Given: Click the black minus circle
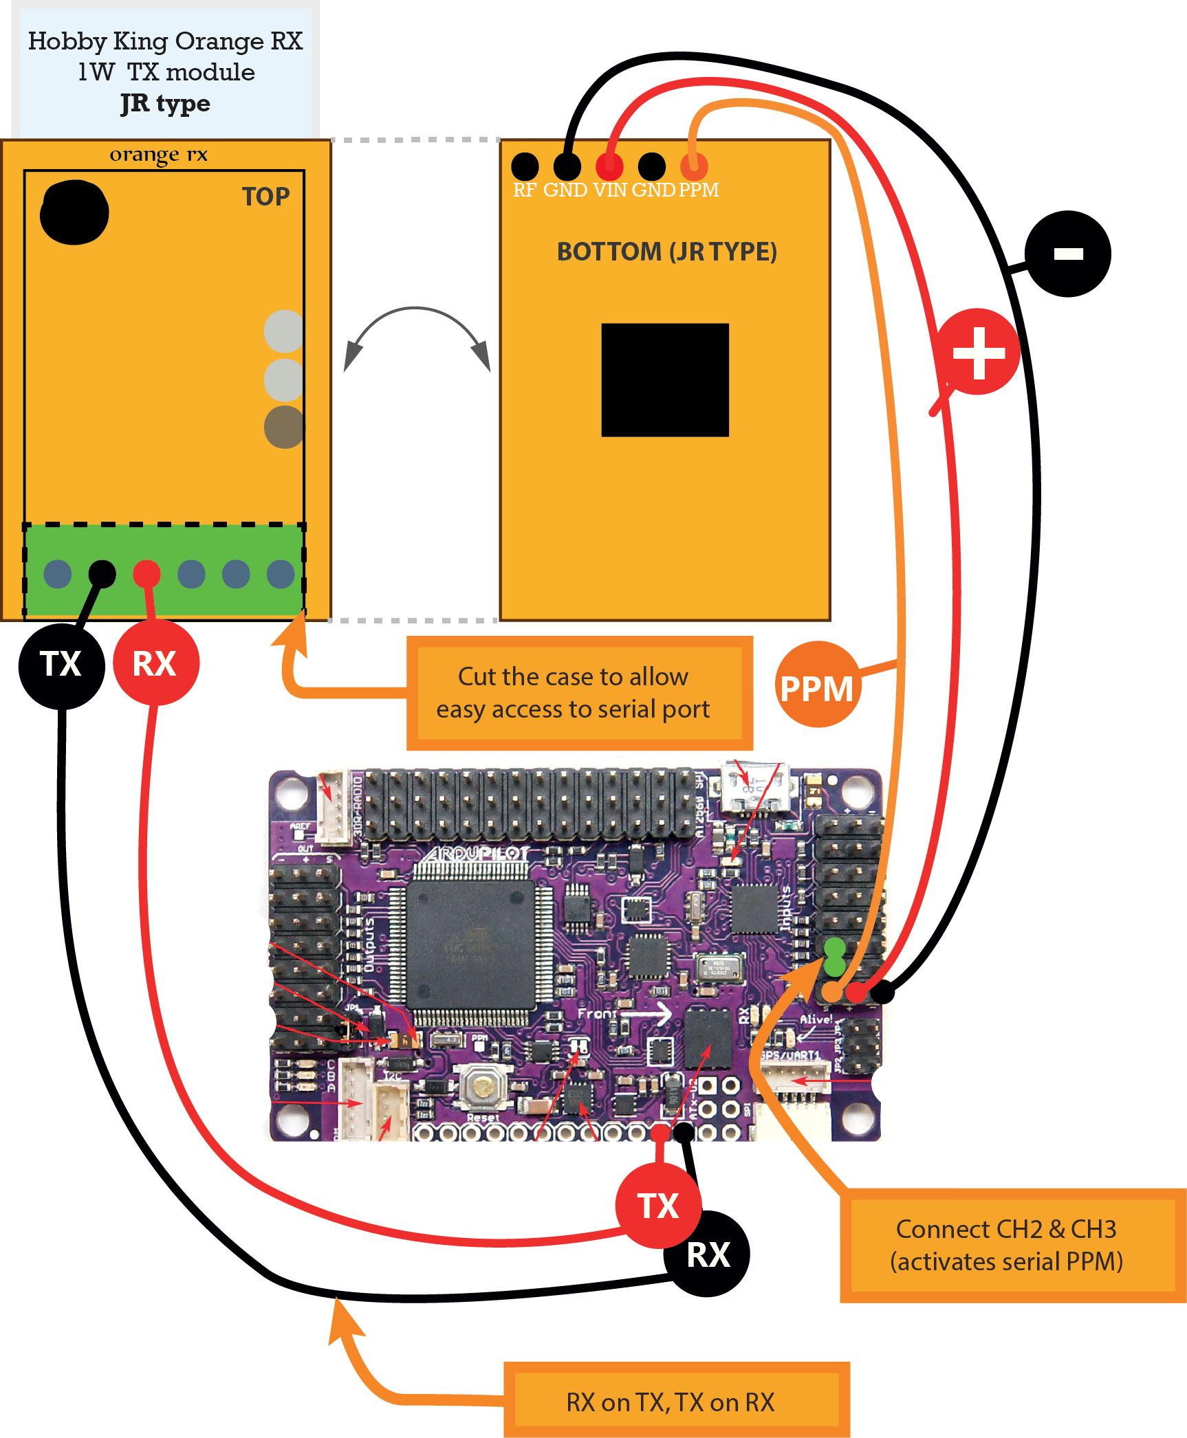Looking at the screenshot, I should (x=1067, y=254).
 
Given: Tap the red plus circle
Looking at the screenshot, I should (x=978, y=352).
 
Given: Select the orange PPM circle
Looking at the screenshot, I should (x=817, y=685).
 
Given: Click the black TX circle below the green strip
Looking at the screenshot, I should (x=61, y=665).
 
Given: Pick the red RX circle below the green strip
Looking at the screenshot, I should (x=155, y=663).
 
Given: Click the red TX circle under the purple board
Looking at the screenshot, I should (x=658, y=1206).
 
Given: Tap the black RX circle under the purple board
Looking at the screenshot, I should (x=708, y=1254).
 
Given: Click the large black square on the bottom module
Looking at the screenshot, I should (x=664, y=379).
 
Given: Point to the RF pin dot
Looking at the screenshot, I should (x=525, y=166).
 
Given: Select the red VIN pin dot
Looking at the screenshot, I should (x=609, y=166).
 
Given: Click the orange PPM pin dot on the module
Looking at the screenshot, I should (x=694, y=166).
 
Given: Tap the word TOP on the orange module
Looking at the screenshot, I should (x=265, y=197).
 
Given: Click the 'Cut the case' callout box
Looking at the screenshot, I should (x=579, y=693).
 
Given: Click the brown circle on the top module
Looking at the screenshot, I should (x=283, y=427).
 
